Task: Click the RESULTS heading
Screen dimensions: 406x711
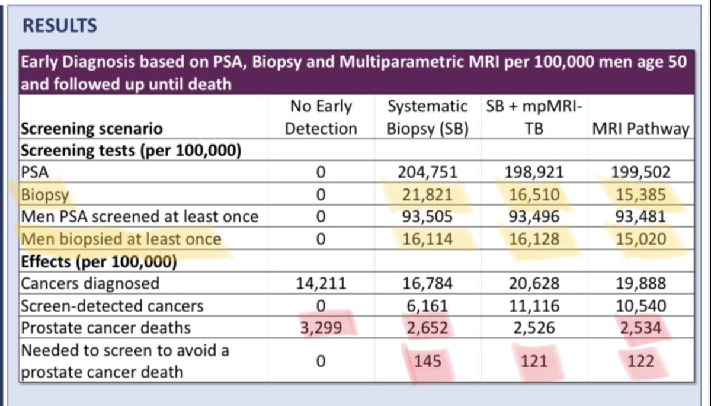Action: pos(59,26)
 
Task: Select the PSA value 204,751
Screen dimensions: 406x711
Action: pos(427,173)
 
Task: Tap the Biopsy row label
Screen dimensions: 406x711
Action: pos(45,195)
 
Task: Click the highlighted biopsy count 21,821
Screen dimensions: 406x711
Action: pos(427,195)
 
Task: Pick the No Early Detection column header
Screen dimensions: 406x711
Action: pos(321,118)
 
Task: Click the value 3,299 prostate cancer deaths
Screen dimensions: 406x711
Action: pos(321,327)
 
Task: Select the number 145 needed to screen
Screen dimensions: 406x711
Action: pos(427,360)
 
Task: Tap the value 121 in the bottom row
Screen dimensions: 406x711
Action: pos(534,360)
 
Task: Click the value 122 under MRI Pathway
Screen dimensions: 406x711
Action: pos(642,360)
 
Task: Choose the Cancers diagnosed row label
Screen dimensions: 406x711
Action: pos(90,283)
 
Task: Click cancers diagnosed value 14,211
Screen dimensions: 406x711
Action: pos(321,283)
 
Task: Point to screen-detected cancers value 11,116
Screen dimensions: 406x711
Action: pos(534,305)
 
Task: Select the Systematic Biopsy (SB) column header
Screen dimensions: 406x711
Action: pos(427,118)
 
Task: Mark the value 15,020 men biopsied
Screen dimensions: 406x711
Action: pos(642,239)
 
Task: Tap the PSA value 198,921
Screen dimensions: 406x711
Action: pos(534,173)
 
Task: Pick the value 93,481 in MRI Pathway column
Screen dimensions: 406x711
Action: pos(642,217)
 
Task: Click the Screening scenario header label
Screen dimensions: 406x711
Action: pos(92,129)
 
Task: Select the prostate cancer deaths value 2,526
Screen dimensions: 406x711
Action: pos(534,327)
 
